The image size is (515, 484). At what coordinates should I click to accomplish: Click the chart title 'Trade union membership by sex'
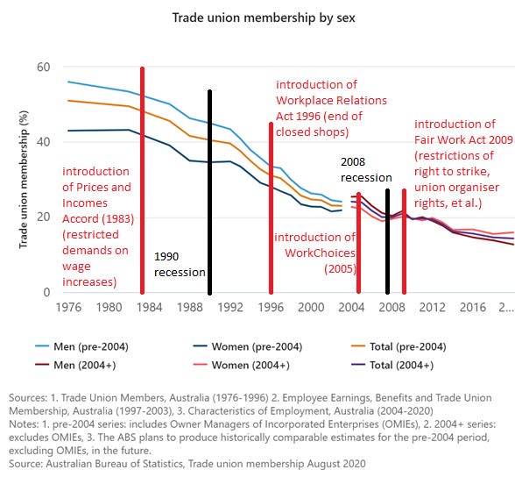point(257,17)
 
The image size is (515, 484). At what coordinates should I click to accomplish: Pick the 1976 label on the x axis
point(69,308)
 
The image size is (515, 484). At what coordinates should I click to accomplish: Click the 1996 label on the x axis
point(270,308)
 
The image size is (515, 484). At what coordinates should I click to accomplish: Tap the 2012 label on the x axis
point(430,308)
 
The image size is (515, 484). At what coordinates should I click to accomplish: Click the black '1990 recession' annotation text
point(179,265)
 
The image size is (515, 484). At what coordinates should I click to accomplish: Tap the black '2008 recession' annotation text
point(366,169)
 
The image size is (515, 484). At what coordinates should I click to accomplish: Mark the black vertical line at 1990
point(209,192)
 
